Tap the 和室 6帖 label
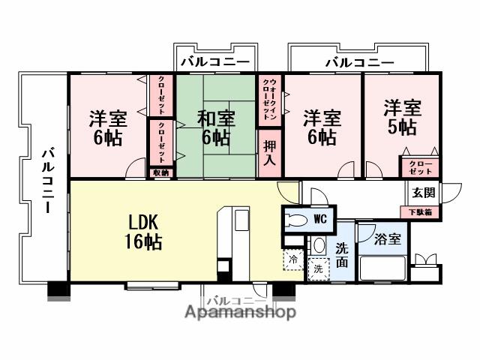[216, 127]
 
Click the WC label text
[320, 219]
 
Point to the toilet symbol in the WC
[298, 220]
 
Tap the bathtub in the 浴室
[383, 268]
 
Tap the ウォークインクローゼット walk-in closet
[270, 99]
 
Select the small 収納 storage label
[160, 172]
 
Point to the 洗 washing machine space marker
[317, 267]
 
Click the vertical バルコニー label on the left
[46, 180]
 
